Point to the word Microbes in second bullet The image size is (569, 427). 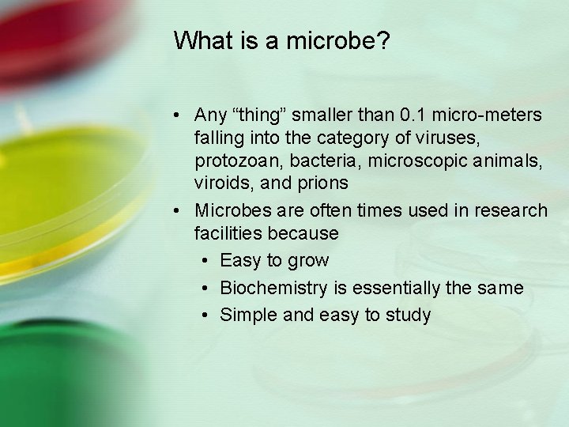click(229, 210)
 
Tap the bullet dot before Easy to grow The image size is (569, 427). click(204, 261)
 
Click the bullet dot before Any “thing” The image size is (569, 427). click(179, 116)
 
